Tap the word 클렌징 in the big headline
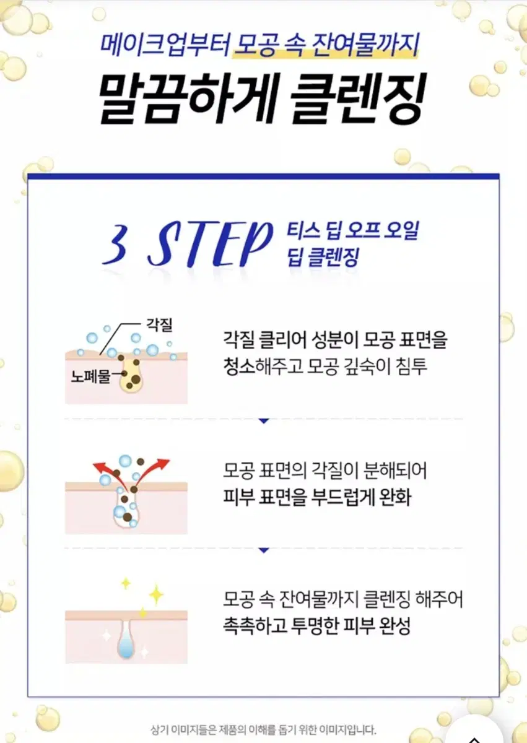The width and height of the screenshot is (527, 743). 355,100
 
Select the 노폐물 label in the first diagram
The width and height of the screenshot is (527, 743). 90,375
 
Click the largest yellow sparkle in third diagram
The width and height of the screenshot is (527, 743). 155,595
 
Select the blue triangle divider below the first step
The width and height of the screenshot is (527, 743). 264,420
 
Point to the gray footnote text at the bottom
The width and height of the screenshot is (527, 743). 263,729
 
